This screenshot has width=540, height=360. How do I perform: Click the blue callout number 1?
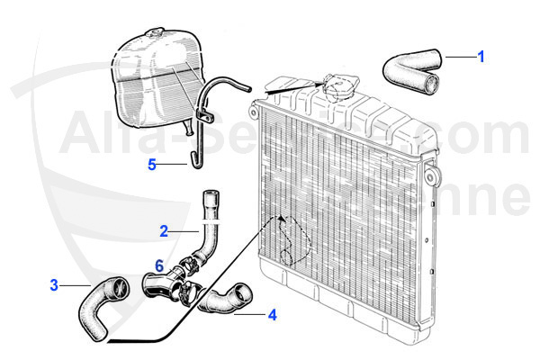click(x=481, y=56)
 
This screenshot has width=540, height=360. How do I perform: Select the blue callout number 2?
click(x=164, y=230)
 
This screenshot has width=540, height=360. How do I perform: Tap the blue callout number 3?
click(x=54, y=285)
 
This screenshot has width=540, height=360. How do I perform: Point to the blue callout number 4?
click(x=271, y=315)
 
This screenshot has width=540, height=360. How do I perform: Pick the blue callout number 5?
click(x=152, y=164)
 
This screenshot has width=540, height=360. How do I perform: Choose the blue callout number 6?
click(x=159, y=265)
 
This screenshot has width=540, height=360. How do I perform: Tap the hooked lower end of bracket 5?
click(x=190, y=162)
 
